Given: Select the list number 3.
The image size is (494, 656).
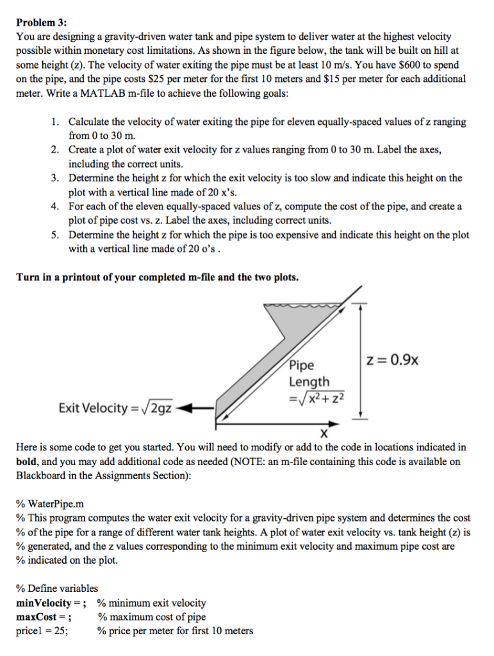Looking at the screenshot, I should point(56,178).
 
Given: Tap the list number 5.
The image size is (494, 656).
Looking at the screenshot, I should point(56,235).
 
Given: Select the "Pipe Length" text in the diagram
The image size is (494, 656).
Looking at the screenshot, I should point(309,373).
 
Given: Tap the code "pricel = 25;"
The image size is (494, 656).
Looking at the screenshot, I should point(43,631).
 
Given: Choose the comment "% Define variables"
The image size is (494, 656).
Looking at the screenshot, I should point(58,588).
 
